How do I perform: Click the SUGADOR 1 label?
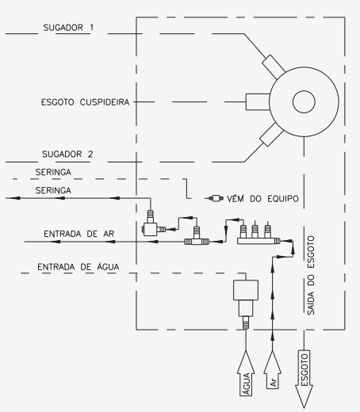[68, 28]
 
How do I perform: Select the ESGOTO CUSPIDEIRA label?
[85, 102]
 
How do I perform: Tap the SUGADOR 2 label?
[67, 154]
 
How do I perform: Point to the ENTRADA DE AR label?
[79, 234]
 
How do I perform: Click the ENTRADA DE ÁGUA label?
[79, 267]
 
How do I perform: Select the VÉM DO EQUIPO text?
[262, 199]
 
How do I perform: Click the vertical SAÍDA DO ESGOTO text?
[311, 275]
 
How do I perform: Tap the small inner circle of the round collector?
[304, 101]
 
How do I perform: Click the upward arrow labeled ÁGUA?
[246, 373]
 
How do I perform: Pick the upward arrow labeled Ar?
[273, 370]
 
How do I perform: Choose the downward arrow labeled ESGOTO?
[304, 380]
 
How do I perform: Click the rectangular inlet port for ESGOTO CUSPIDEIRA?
[258, 101]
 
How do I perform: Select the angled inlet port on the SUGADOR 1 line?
[274, 67]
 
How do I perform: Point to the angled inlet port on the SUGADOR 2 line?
[272, 135]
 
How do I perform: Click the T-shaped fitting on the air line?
[197, 236]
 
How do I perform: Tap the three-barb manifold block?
[259, 235]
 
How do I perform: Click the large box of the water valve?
[246, 290]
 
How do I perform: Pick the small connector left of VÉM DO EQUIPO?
[216, 198]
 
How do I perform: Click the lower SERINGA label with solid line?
[53, 190]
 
